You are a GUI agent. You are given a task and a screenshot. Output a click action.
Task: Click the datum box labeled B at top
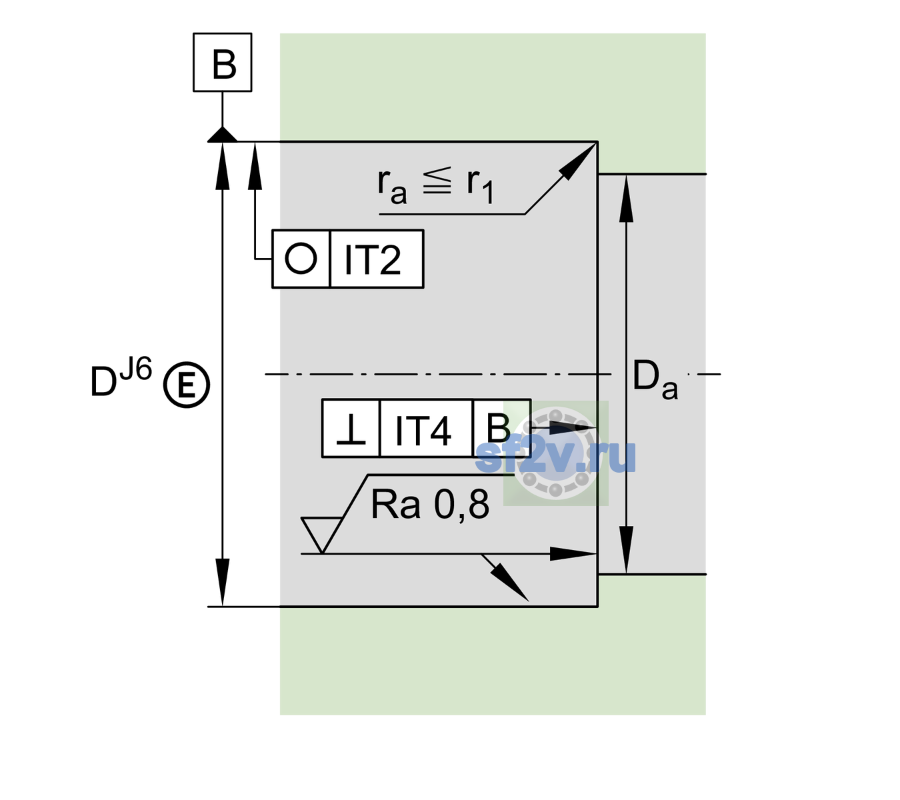222,62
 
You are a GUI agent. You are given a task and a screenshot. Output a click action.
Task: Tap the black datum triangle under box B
222,135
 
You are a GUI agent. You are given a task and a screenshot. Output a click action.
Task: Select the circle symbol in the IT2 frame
301,259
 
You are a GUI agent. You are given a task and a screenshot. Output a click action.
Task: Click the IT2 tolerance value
372,259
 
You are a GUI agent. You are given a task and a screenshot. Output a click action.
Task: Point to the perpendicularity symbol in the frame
351,429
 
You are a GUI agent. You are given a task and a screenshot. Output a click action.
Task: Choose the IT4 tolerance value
423,430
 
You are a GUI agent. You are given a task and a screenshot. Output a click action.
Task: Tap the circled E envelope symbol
187,385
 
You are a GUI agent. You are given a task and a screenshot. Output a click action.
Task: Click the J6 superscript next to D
136,369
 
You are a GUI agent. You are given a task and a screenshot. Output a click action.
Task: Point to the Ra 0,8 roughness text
429,505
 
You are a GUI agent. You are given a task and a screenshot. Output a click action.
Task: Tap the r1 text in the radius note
480,186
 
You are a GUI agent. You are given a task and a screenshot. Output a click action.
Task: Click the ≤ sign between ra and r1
437,181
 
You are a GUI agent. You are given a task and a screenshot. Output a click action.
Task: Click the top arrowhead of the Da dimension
627,198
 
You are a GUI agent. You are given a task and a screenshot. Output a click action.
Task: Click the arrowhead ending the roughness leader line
573,554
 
